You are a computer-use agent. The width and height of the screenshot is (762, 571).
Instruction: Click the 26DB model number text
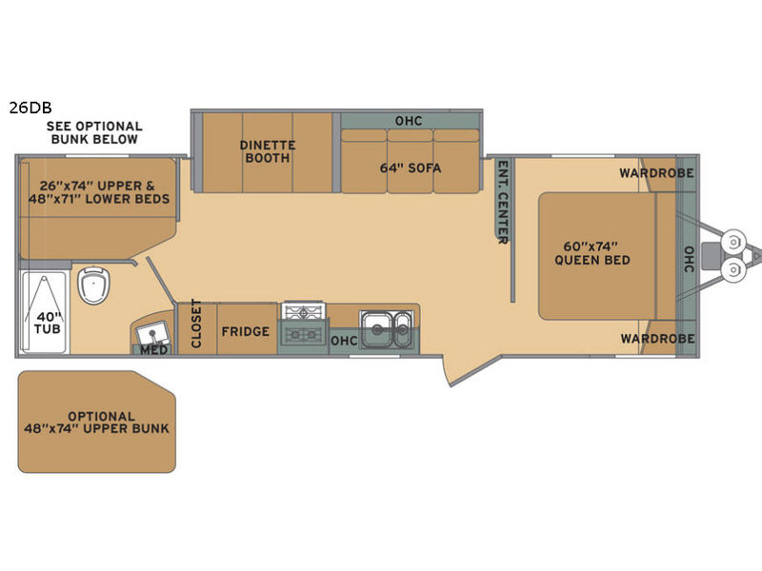tap(30, 108)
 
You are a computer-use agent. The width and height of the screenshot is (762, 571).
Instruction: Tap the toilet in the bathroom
tap(93, 285)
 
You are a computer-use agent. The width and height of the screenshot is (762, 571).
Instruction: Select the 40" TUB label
tap(48, 323)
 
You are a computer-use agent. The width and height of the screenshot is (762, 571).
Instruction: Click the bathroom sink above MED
tap(152, 334)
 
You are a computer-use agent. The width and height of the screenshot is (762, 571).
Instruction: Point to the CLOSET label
tap(196, 323)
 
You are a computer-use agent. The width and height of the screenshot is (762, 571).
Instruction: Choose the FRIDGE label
tap(246, 331)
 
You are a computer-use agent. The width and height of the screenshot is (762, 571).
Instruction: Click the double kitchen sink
tap(387, 328)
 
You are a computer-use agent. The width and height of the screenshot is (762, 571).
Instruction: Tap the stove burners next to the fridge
tap(303, 323)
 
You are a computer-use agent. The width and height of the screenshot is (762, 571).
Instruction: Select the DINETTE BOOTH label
tap(268, 151)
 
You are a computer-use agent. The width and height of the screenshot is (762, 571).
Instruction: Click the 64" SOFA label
tap(411, 168)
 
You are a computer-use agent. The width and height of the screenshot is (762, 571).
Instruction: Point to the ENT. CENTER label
tap(503, 202)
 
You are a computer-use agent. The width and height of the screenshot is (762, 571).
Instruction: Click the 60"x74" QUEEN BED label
tap(592, 253)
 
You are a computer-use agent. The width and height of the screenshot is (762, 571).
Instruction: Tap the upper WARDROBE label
tap(656, 173)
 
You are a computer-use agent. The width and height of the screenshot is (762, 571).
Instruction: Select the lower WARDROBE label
tap(657, 339)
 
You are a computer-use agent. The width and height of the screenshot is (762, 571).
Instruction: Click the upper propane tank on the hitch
tap(733, 242)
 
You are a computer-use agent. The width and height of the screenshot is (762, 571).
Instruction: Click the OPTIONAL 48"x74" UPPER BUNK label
tap(97, 423)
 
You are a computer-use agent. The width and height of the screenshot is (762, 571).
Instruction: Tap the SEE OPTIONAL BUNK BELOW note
tap(94, 132)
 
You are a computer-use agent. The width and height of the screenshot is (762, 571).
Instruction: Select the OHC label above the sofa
tap(409, 121)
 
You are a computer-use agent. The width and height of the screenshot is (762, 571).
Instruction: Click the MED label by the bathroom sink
tap(154, 349)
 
